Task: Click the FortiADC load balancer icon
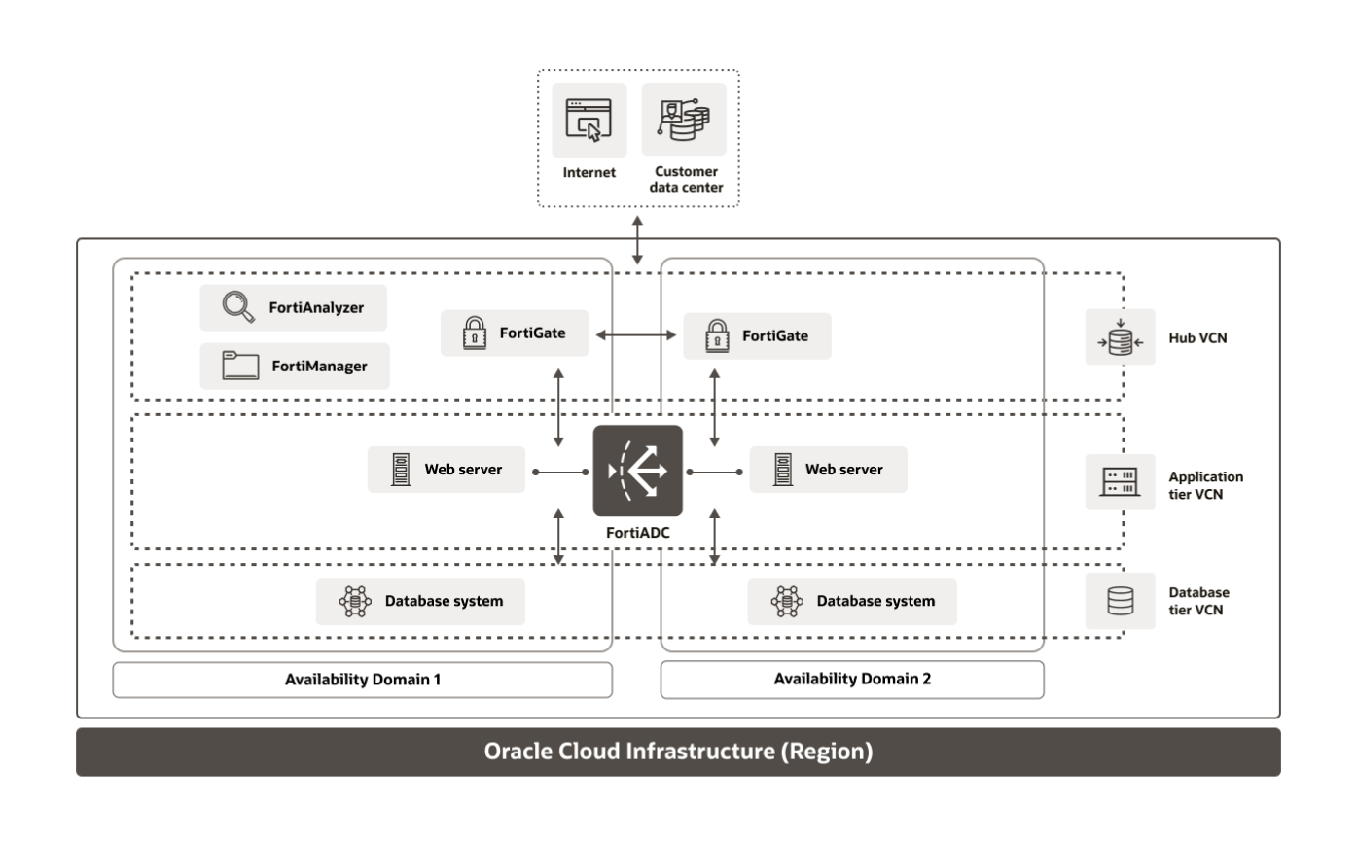point(638,471)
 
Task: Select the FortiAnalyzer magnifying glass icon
point(233,307)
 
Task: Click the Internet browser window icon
point(589,120)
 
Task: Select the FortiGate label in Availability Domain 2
point(774,336)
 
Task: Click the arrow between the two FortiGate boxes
point(637,335)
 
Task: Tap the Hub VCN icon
point(1120,337)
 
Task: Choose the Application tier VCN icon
point(1120,482)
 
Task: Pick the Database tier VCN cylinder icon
point(1120,601)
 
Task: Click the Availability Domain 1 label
point(362,680)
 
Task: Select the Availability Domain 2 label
point(852,680)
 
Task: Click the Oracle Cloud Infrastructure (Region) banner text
point(678,753)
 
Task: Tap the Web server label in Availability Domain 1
point(463,470)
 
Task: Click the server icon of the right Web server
point(780,471)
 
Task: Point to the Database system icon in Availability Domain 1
point(354,602)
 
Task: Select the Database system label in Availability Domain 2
point(875,602)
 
